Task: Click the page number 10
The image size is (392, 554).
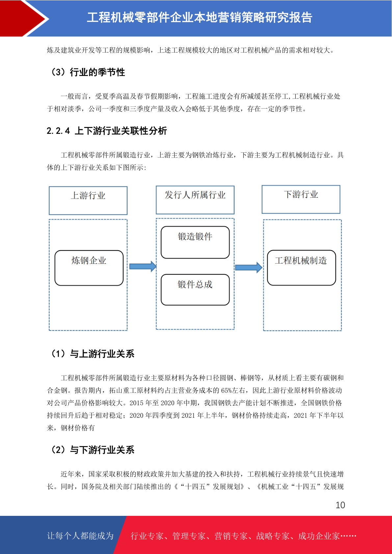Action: point(340,505)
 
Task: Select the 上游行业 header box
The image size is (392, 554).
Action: point(88,201)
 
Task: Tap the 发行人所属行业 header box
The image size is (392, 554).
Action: point(195,200)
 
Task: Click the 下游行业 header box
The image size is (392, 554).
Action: point(301,199)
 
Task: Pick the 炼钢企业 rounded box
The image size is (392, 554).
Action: point(89,268)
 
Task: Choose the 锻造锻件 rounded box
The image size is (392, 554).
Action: point(195,242)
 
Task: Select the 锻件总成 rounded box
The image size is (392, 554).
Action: point(195,290)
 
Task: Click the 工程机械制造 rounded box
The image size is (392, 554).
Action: point(301,267)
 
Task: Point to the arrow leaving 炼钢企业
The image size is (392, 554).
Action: point(143,266)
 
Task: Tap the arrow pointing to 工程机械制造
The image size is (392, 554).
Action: point(249,267)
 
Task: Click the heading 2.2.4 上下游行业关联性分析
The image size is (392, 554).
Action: point(107,131)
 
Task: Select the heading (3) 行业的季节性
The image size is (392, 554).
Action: point(88,72)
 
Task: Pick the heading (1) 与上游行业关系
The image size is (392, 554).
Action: point(92,354)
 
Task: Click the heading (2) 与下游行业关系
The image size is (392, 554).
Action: point(92,450)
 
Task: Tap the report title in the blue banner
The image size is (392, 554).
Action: point(199,17)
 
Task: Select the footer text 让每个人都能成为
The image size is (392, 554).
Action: point(80,536)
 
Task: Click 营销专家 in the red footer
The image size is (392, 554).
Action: point(231,536)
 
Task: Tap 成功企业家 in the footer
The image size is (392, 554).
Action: point(319,536)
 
